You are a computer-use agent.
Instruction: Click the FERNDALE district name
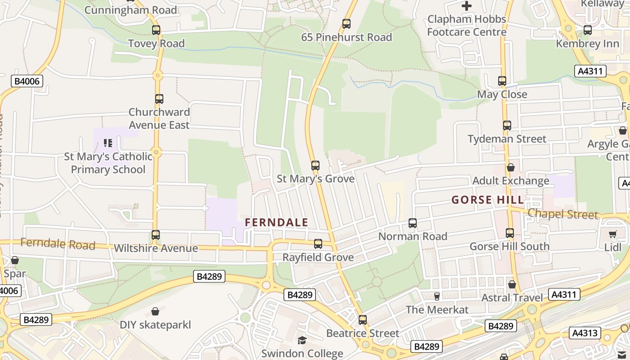point(276,222)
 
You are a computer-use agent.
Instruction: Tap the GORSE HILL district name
point(488,200)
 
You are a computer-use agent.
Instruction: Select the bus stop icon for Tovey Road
point(156,30)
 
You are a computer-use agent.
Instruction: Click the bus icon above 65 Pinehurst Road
point(346,24)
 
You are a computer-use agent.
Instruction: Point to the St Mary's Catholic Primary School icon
point(108,143)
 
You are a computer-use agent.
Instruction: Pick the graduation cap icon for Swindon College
point(302,340)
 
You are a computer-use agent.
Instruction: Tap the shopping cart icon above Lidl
point(612,234)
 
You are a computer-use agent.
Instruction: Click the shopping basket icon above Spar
point(15,260)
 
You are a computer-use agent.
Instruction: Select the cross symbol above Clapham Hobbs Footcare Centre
point(467,6)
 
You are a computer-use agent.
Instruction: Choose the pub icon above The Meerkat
point(436,296)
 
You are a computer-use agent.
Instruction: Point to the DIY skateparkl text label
point(155,324)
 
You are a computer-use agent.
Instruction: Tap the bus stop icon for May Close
point(502,81)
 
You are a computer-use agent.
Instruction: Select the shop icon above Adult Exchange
point(511,167)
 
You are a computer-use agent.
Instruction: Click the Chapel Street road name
point(563,214)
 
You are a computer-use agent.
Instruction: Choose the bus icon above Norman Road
point(413,223)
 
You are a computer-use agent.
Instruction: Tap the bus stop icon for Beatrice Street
point(363,320)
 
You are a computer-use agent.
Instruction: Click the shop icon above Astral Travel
point(512,284)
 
